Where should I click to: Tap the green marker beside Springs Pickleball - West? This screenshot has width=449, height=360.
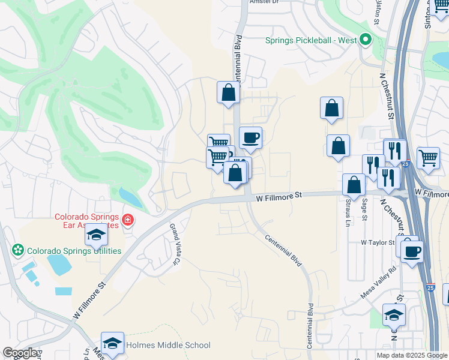click(x=365, y=41)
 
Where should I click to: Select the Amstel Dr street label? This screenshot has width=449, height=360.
click(x=264, y=2)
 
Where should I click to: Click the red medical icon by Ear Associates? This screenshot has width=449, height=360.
click(x=127, y=221)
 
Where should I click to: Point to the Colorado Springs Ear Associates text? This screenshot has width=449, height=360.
click(x=88, y=221)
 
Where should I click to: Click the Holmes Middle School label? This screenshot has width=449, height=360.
click(x=168, y=345)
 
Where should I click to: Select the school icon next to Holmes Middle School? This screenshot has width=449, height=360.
click(x=112, y=343)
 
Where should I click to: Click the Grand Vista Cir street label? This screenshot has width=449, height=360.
click(x=175, y=244)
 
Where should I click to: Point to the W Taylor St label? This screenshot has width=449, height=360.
click(x=377, y=242)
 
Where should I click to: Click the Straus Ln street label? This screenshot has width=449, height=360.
click(x=348, y=214)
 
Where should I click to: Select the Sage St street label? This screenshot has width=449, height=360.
click(x=364, y=209)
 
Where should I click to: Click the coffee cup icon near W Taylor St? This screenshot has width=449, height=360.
click(x=412, y=251)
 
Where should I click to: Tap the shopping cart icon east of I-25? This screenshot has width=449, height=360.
click(x=428, y=158)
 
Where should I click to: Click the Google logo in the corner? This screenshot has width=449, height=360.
click(x=20, y=353)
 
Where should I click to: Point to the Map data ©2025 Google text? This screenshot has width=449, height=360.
click(x=412, y=355)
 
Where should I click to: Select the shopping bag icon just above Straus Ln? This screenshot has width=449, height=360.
click(x=354, y=185)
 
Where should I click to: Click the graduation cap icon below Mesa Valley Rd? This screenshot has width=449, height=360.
click(x=394, y=314)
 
